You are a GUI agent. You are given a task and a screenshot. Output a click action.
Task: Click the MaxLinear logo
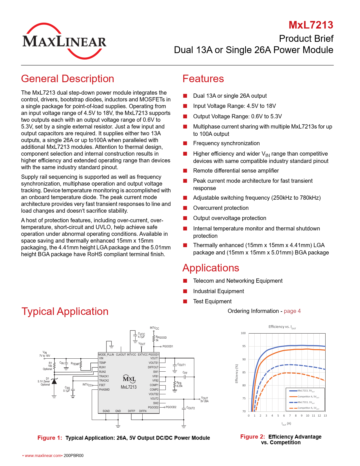(x=64, y=41)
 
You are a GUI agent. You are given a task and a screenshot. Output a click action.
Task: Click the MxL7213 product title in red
(x=311, y=25)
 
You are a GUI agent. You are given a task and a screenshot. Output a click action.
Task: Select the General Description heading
(x=67, y=79)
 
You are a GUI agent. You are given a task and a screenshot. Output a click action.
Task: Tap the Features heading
(x=203, y=79)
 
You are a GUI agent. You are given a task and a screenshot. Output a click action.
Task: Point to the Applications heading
(x=211, y=268)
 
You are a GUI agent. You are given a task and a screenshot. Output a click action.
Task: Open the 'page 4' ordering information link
(x=292, y=311)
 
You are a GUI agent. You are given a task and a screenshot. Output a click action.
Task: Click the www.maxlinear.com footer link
(x=43, y=456)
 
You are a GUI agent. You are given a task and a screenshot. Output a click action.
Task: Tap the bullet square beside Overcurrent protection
(x=185, y=208)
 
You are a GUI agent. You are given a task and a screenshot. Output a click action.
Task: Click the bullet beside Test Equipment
(x=185, y=302)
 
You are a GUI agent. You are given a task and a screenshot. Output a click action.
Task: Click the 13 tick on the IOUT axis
(x=325, y=416)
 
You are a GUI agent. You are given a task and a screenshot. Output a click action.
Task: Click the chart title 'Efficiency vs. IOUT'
(x=282, y=327)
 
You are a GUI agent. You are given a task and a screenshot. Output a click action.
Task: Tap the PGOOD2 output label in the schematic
(x=171, y=407)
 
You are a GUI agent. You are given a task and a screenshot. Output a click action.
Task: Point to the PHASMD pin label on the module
(x=104, y=390)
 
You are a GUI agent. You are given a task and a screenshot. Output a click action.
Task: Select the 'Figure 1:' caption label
(x=50, y=438)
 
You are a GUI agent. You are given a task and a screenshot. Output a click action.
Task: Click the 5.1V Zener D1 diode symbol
(x=54, y=381)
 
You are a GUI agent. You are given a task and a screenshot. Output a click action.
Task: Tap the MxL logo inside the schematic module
(x=129, y=379)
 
